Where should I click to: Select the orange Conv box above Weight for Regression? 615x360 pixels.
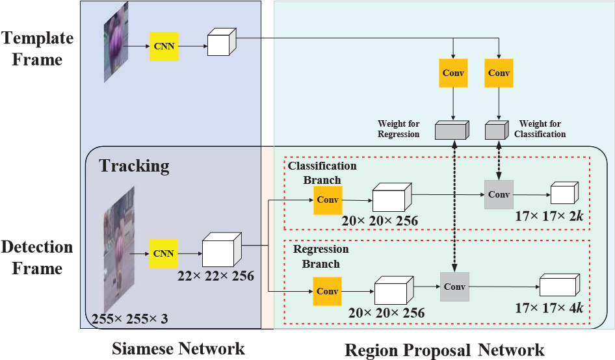(x=453, y=73)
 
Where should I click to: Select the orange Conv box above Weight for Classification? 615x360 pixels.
(x=499, y=73)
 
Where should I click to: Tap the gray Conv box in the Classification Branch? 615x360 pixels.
(x=499, y=194)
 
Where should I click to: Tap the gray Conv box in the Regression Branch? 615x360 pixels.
(x=454, y=287)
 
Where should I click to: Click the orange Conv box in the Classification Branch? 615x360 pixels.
(x=328, y=200)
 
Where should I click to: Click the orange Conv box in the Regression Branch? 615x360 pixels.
(x=327, y=291)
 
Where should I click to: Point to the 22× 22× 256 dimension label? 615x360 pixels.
(x=215, y=276)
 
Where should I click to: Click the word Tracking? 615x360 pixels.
(x=134, y=165)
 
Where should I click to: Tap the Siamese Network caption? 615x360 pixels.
(x=178, y=348)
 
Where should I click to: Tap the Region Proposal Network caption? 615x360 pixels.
(x=444, y=350)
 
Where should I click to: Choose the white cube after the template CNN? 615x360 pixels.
(x=222, y=42)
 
